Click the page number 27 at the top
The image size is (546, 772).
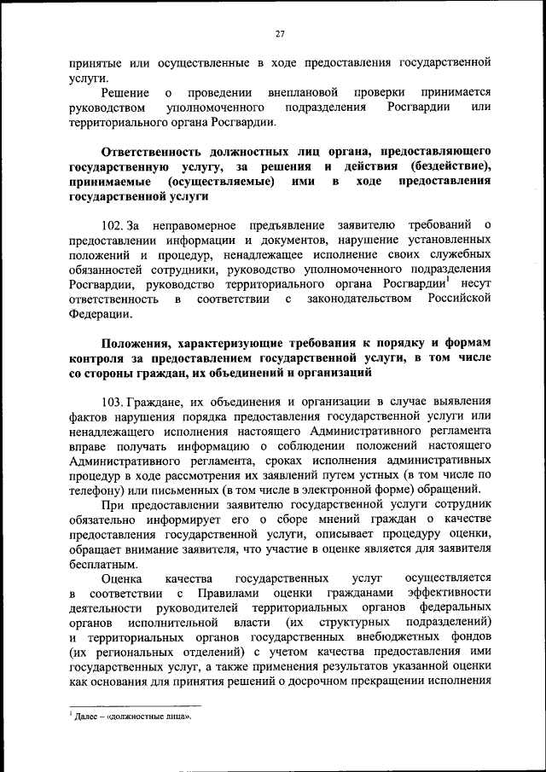pyautogui.click(x=279, y=33)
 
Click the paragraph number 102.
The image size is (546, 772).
pyautogui.click(x=113, y=224)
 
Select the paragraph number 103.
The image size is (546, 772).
pyautogui.click(x=113, y=400)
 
